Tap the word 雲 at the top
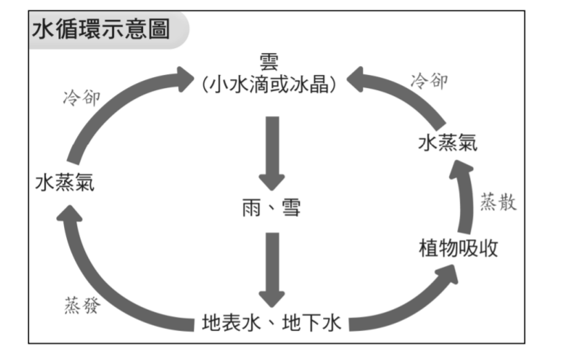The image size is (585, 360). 269,61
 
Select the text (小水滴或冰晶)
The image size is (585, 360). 269,83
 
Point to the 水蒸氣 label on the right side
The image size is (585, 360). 448,143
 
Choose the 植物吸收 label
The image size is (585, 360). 458,247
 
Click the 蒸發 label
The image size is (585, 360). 81,306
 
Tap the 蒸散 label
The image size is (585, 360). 498,203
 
